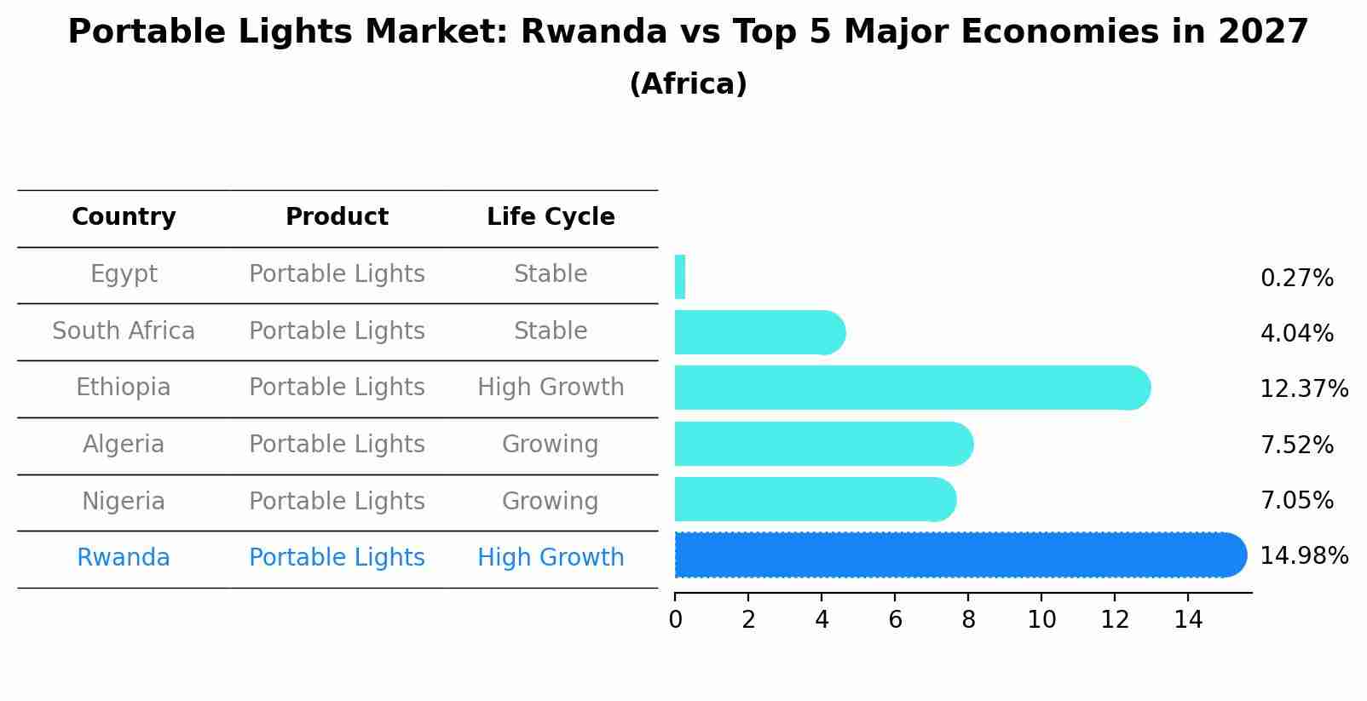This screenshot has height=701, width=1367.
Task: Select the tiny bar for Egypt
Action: tap(680, 277)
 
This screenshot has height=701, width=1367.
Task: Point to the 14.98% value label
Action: tap(1303, 556)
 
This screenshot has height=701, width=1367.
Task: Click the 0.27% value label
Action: tap(1296, 279)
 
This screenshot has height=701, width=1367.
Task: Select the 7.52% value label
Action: tap(1296, 445)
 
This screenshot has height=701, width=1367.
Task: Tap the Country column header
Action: tap(124, 217)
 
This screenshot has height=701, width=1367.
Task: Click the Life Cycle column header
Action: tap(551, 217)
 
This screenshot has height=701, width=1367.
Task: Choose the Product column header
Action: tap(337, 217)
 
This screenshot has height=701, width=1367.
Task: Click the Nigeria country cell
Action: tap(124, 501)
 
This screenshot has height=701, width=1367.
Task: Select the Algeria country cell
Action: tap(124, 444)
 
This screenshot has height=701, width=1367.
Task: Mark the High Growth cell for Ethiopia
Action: tap(551, 388)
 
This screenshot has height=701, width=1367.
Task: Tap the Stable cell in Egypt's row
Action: tap(551, 274)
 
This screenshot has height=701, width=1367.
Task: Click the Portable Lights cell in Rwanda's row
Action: tap(337, 558)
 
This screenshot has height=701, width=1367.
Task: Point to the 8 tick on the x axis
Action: tap(968, 619)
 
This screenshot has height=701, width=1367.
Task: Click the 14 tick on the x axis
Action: tap(1188, 619)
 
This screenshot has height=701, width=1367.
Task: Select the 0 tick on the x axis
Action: tap(675, 619)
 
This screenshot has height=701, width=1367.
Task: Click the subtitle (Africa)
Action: tap(688, 84)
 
